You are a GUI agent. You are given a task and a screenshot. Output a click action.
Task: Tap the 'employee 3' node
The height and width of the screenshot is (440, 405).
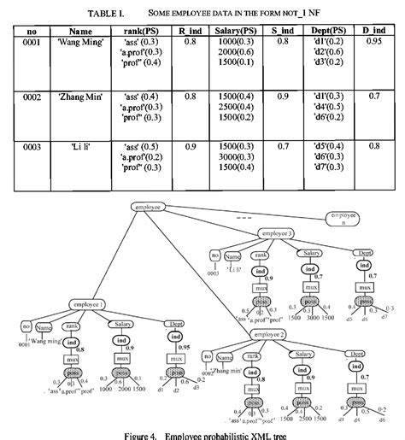pyautogui.click(x=277, y=233)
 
